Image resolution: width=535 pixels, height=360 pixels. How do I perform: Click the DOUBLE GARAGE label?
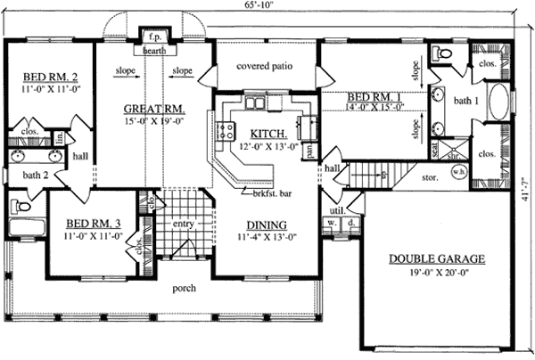coord(437,259)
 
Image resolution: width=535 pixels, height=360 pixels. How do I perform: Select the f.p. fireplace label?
coord(154,39)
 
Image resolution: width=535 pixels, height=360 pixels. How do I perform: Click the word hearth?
coord(154,51)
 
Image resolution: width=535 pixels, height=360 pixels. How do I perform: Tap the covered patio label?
coord(265,66)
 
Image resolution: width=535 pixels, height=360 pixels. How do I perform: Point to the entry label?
coord(184,224)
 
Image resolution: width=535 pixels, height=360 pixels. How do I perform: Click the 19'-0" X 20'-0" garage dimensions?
coord(437,274)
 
